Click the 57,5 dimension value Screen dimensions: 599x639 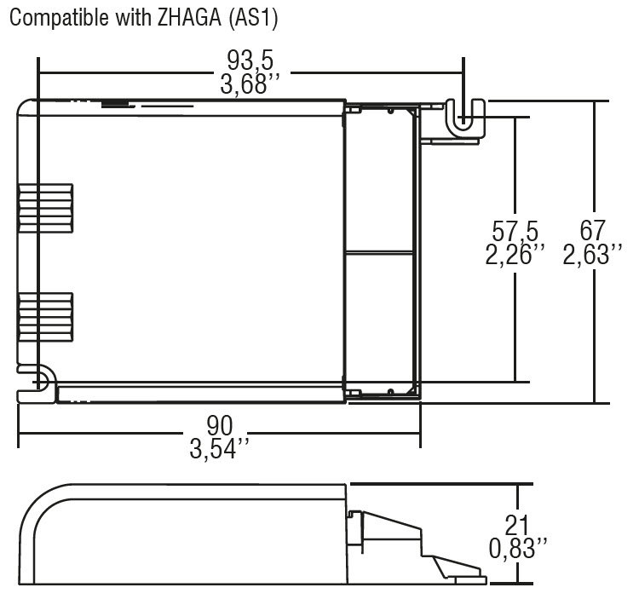(515, 231)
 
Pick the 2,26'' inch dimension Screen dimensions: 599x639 (515, 255)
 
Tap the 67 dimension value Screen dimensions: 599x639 (591, 231)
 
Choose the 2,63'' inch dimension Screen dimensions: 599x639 (592, 255)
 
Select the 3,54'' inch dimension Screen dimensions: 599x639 (219, 447)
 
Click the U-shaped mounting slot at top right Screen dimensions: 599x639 (463, 116)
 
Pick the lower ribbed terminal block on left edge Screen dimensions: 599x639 (46, 316)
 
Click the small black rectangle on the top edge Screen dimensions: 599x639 (112, 105)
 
